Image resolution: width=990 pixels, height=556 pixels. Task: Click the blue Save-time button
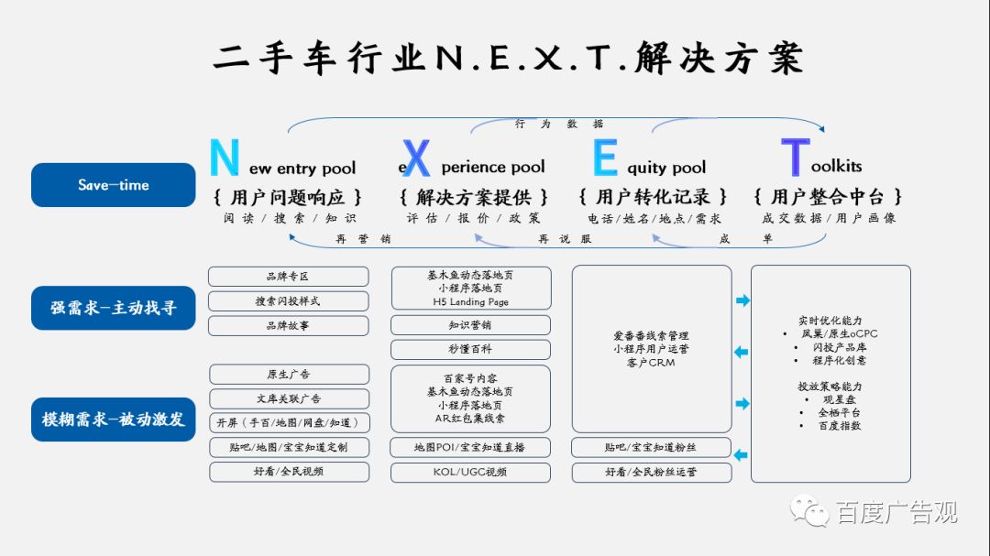point(114,185)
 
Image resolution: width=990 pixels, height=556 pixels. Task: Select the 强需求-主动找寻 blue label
point(114,308)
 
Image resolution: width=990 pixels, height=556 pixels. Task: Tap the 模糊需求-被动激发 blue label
point(114,419)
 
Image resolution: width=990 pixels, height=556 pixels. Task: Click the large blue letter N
point(225,158)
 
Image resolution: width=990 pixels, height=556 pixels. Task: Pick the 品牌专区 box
point(288,277)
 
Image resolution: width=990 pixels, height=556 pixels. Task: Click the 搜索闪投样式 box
point(288,301)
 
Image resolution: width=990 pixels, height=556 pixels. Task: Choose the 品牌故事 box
point(288,325)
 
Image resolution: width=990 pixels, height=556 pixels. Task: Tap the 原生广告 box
point(289,374)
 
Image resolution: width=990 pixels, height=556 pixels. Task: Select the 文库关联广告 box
point(289,398)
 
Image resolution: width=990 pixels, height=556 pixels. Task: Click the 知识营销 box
point(470,325)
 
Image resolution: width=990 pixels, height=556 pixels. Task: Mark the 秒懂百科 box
point(470,349)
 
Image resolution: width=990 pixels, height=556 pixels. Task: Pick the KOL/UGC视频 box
point(470,472)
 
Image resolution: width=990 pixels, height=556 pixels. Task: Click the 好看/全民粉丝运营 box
point(652,472)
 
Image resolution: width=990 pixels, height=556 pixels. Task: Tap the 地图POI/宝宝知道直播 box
point(470,447)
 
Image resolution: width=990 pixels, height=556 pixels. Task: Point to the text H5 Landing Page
point(470,301)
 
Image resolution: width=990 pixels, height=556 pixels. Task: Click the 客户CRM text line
point(652,362)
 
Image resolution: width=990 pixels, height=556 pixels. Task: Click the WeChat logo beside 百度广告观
point(810,511)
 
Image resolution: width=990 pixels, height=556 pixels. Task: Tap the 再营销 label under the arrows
point(363,238)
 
